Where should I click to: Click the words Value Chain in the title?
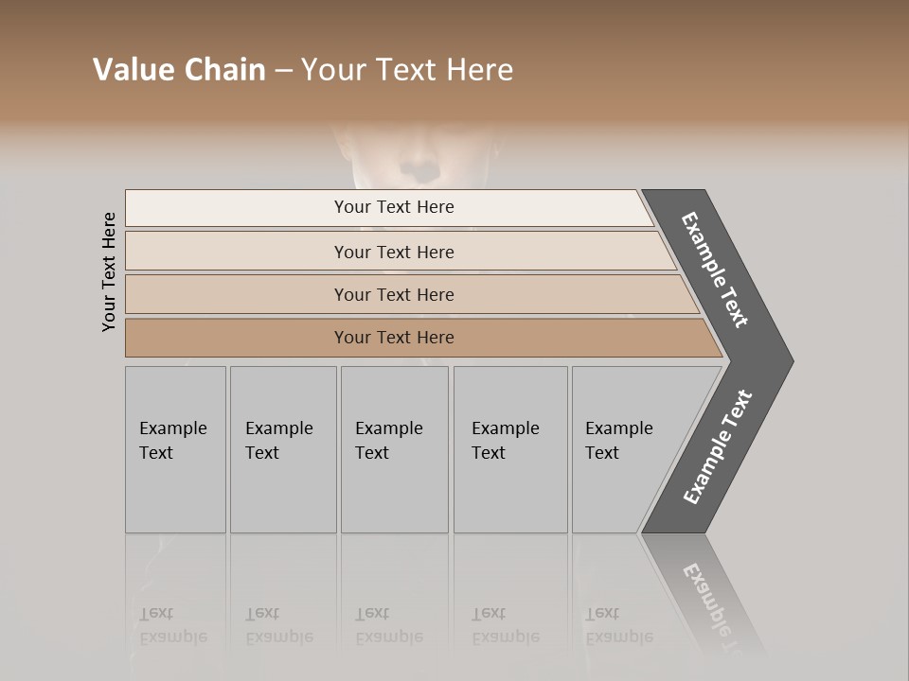point(179,70)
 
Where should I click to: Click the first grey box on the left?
point(175,492)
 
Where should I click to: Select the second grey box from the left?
point(283,492)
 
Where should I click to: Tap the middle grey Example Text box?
point(394,492)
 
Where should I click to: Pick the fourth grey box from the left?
point(510,492)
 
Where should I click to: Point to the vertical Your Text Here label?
point(109,271)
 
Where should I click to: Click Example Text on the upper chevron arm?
point(715,270)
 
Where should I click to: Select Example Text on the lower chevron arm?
point(717,447)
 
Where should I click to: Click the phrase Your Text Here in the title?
point(407,70)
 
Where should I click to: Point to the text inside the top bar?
point(394,207)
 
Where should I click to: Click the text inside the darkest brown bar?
point(394,338)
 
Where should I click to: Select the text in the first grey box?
point(172,440)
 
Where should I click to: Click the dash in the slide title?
point(283,71)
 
